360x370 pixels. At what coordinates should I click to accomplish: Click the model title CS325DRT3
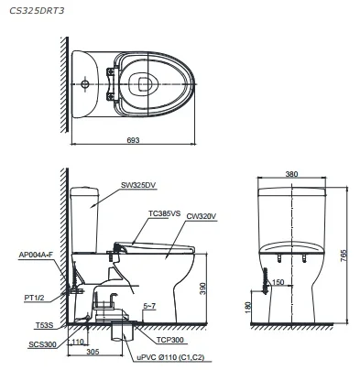click(37, 11)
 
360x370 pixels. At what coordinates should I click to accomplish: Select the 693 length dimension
click(133, 140)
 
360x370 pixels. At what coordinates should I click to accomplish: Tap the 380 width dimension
click(291, 174)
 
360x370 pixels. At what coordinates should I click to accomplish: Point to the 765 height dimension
click(344, 256)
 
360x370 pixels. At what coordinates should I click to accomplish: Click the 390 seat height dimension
click(202, 288)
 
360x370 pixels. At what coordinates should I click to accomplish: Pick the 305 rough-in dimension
click(93, 352)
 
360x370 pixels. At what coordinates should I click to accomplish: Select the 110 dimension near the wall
click(78, 342)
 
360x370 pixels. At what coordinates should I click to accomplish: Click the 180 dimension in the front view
click(247, 307)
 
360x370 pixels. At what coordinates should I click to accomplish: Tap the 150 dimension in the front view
click(278, 282)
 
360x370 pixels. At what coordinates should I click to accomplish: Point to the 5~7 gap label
click(149, 306)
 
